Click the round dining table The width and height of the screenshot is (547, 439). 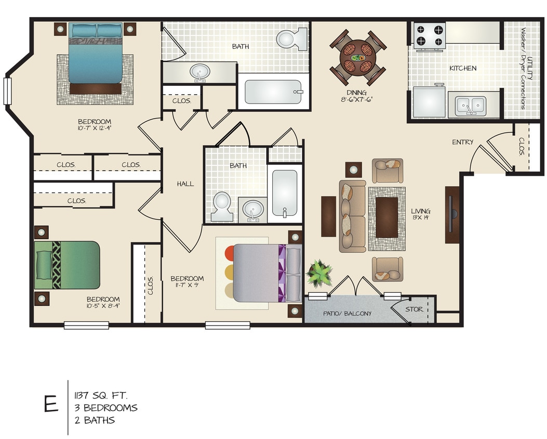pos(358,57)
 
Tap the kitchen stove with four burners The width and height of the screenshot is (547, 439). pos(429,35)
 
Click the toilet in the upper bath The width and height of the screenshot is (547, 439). pos(292,38)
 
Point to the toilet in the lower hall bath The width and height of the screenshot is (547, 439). pos(223,206)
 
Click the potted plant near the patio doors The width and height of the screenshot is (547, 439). pos(319,274)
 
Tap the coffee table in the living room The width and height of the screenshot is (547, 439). pos(386,217)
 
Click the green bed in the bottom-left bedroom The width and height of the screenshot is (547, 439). pos(67,265)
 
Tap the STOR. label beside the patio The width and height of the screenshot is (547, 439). pos(414,309)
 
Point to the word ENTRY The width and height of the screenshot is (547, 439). pos(462,142)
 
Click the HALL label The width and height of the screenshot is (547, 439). pos(185,184)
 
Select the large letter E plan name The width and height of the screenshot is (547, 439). pos(51,404)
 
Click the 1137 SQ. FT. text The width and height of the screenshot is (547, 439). pos(101,395)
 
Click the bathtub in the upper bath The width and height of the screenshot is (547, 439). pos(273,92)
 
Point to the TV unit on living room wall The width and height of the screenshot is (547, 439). pos(452,214)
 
